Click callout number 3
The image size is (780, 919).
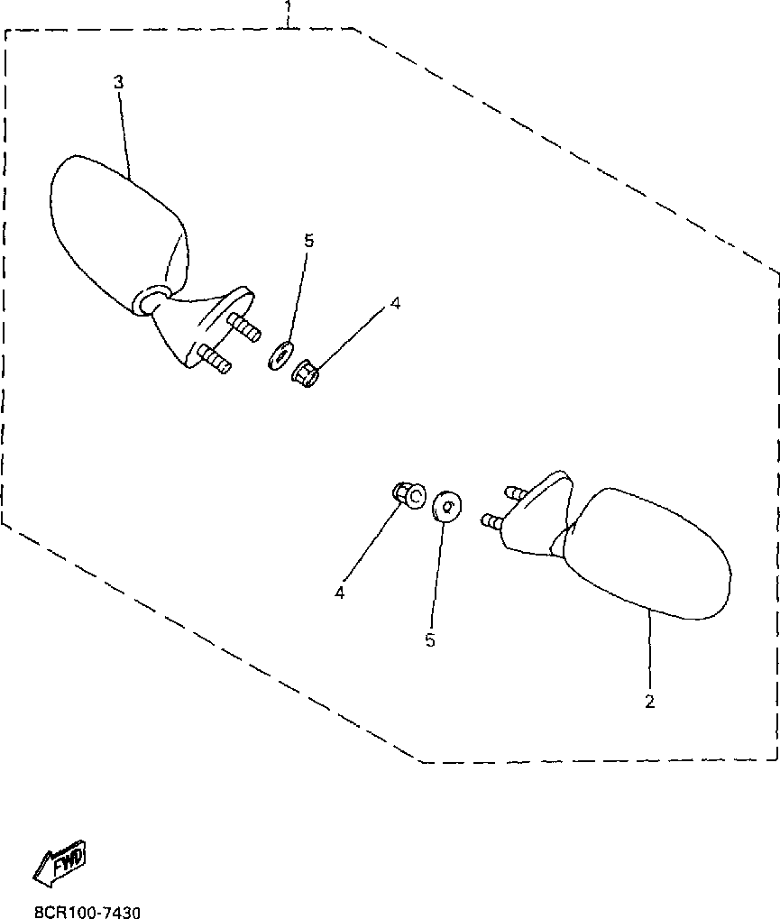pyautogui.click(x=119, y=82)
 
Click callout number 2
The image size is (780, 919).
pyautogui.click(x=649, y=701)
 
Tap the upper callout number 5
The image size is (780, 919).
pyautogui.click(x=308, y=241)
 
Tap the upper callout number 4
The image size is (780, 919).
pyautogui.click(x=394, y=304)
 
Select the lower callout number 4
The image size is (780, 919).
pyautogui.click(x=340, y=593)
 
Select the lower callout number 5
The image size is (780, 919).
pyautogui.click(x=430, y=639)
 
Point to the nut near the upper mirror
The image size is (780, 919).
pyautogui.click(x=305, y=372)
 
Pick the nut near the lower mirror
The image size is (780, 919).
pyautogui.click(x=410, y=495)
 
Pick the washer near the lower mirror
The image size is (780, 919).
pyautogui.click(x=446, y=507)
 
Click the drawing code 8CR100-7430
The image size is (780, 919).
pyautogui.click(x=87, y=913)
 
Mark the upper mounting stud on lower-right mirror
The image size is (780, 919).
pyautogui.click(x=516, y=492)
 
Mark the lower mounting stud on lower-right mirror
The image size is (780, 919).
pyautogui.click(x=493, y=521)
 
